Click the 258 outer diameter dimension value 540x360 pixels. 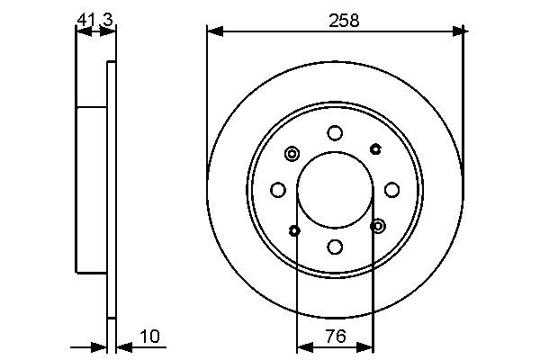click(x=343, y=21)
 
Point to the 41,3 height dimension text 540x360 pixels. click(x=94, y=19)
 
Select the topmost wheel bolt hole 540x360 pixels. click(x=335, y=133)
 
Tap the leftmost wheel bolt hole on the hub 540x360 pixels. click(x=278, y=190)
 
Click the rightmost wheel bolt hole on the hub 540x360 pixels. click(x=391, y=189)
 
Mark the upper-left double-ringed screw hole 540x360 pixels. click(x=292, y=154)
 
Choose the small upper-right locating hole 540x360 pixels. click(x=374, y=148)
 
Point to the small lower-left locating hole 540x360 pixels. click(x=294, y=230)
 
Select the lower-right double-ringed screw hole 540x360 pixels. click(x=378, y=225)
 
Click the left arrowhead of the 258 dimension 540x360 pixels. click(x=213, y=31)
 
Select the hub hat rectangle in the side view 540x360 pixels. click(x=92, y=189)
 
